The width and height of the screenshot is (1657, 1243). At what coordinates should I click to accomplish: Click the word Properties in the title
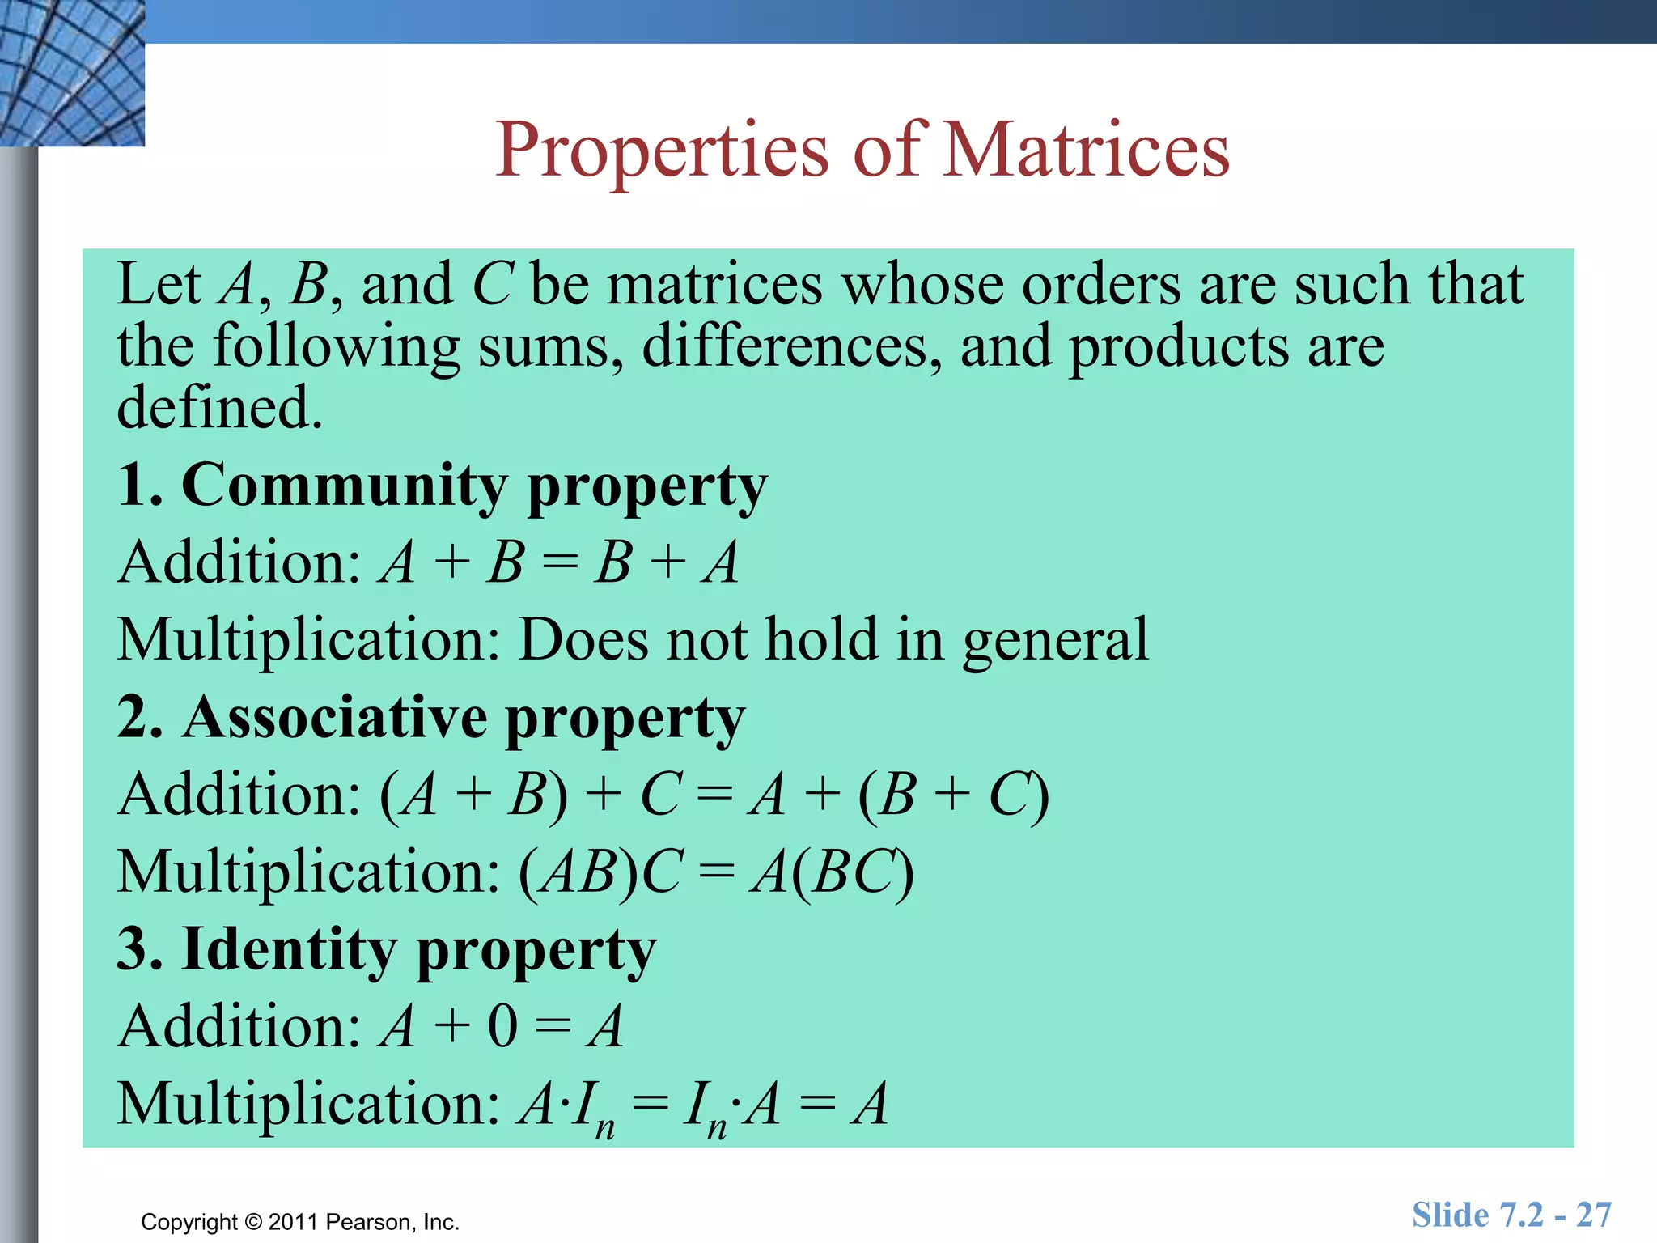(662, 152)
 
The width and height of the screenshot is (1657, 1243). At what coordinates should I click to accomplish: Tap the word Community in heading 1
(345, 486)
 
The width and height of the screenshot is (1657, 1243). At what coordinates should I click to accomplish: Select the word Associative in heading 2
(335, 718)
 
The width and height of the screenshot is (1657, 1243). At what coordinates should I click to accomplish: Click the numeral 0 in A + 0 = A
(502, 1027)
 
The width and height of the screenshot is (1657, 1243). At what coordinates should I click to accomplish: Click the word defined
(219, 407)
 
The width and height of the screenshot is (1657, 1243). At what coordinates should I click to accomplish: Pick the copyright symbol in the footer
(253, 1222)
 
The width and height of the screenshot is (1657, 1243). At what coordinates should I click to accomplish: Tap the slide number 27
(1593, 1215)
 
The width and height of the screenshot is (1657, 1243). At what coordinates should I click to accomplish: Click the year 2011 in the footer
(293, 1222)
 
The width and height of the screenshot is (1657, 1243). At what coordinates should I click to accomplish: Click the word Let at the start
(159, 285)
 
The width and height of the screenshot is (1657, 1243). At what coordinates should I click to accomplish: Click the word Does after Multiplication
(583, 640)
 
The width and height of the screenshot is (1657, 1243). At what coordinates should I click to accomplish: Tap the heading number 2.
(134, 718)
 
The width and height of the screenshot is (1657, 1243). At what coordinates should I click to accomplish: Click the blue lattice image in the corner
(72, 72)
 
